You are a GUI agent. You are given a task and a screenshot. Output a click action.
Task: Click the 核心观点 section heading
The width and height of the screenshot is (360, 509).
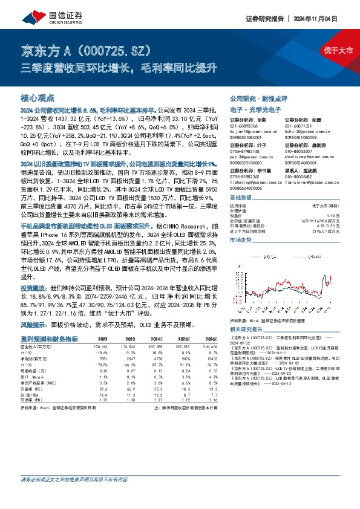pos(38,98)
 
